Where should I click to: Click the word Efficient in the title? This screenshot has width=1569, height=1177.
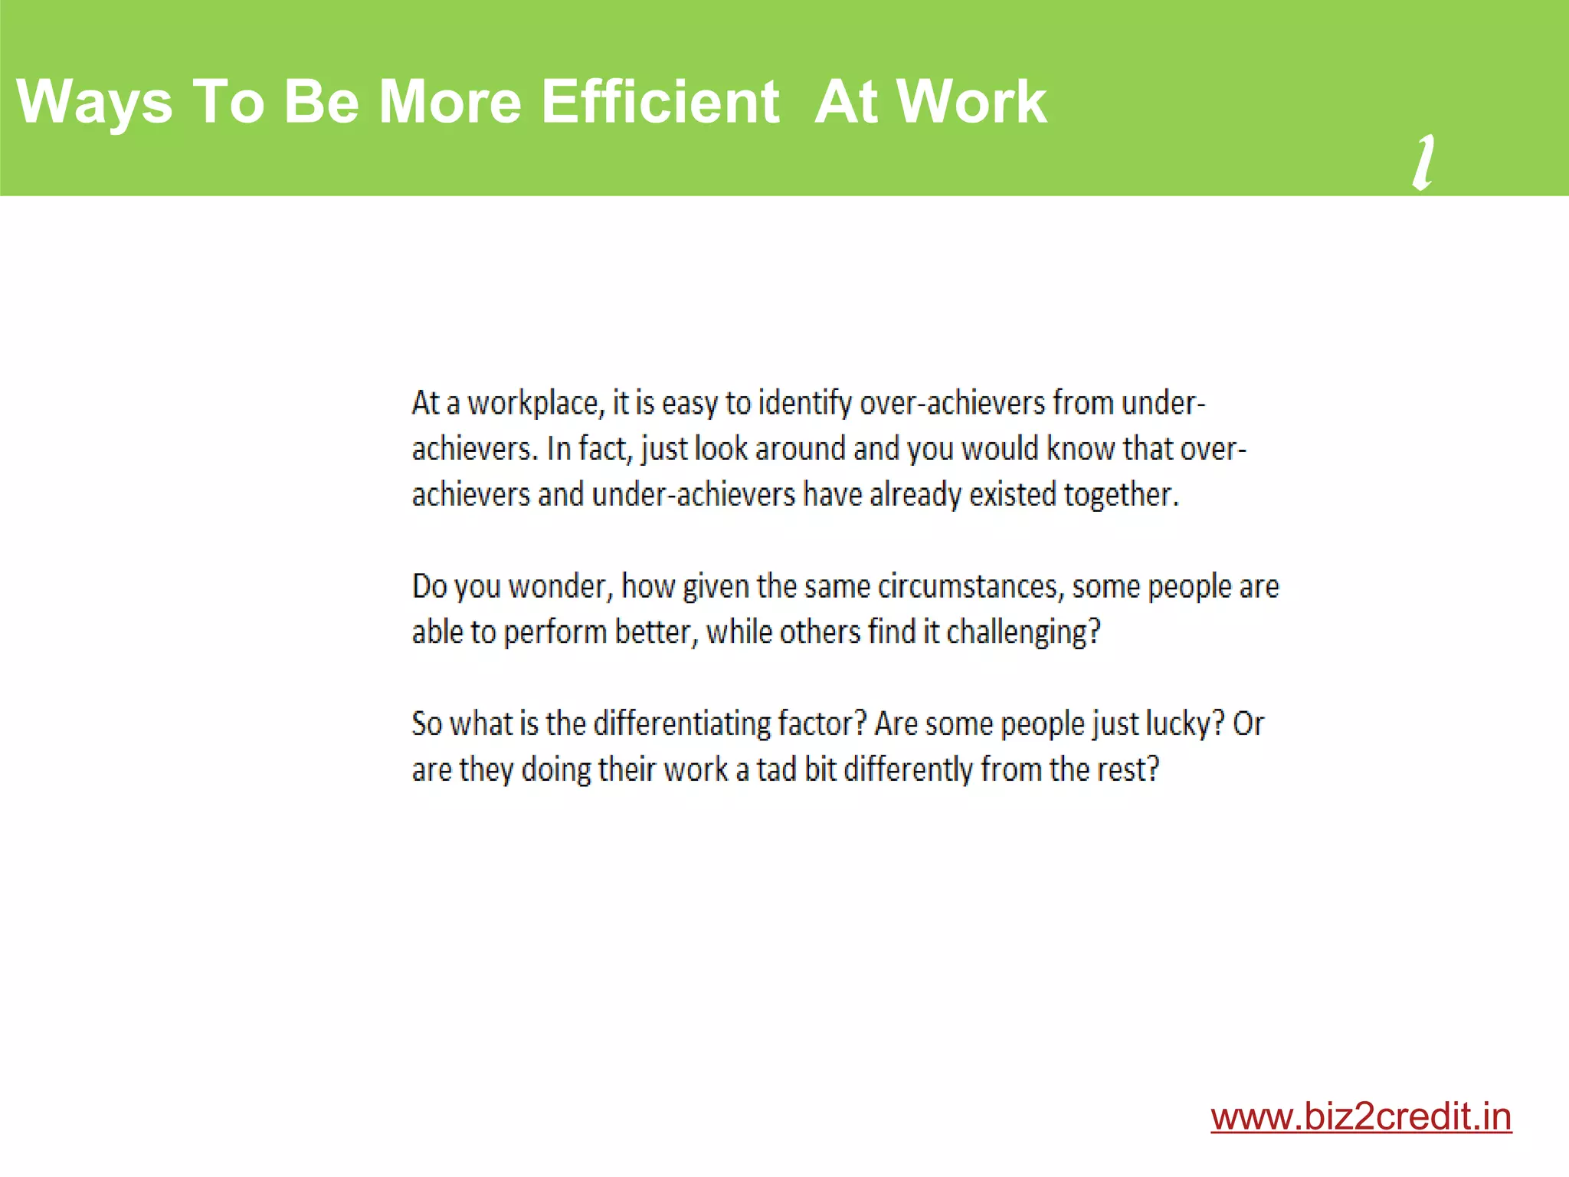660,101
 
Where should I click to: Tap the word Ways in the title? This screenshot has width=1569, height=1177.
94,103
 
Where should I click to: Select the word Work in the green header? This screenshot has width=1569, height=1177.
971,101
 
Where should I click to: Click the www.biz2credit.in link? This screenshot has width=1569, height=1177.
1361,1116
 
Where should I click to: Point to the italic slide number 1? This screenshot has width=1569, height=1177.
1423,162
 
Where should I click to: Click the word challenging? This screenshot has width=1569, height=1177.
1023,633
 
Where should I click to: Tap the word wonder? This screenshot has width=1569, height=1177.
561,587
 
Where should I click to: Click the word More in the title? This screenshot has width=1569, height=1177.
450,101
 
